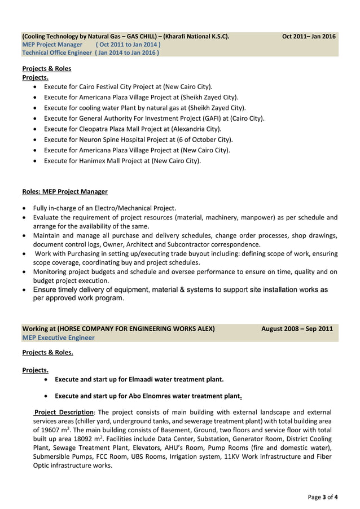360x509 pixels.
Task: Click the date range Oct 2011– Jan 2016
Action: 309,37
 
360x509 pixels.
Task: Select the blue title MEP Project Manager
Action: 52,45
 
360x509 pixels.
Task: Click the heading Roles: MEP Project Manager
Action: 64,192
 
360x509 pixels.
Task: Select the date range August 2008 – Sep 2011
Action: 297,329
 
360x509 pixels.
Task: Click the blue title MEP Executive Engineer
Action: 58,337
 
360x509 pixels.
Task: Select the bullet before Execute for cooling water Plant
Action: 36,108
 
